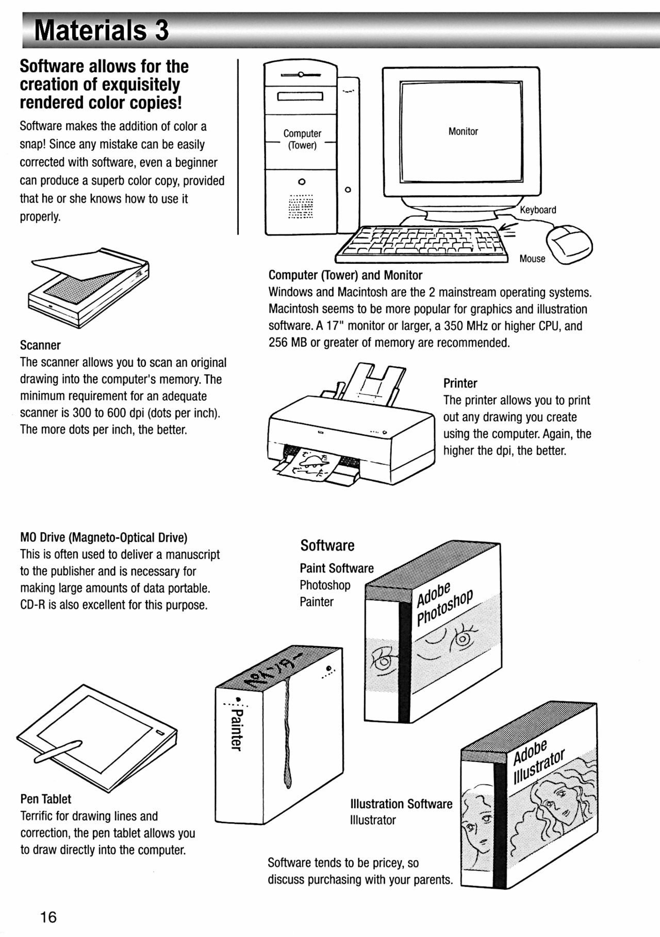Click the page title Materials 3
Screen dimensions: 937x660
[x=101, y=30]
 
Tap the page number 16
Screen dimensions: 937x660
[x=48, y=917]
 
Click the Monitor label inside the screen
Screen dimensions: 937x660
[x=463, y=132]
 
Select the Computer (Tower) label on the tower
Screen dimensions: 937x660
[x=302, y=140]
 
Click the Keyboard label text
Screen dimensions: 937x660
[x=537, y=210]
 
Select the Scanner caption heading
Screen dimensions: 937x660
[x=40, y=345]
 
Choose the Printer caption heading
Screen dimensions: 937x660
[x=460, y=383]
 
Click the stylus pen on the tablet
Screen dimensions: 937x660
[x=58, y=752]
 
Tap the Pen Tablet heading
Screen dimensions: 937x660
[x=45, y=799]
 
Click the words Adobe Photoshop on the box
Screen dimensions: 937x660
[x=444, y=603]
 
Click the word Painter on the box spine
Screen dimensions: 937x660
[x=236, y=729]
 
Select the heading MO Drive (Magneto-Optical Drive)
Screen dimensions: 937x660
[x=103, y=538]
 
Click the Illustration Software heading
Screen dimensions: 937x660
[x=401, y=804]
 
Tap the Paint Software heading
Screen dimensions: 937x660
[x=336, y=568]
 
